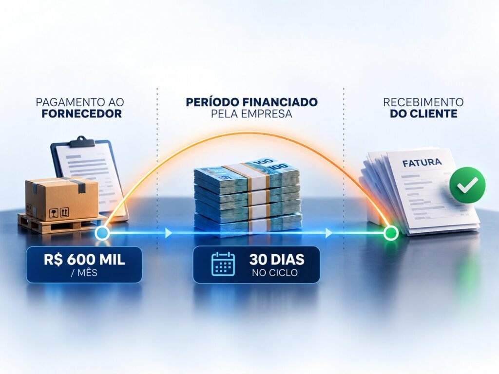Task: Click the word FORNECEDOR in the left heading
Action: click(x=82, y=113)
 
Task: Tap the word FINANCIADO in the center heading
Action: click(x=280, y=102)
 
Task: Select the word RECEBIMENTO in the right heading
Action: click(x=423, y=102)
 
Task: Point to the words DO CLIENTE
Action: click(x=423, y=113)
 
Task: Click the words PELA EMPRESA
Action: click(x=251, y=113)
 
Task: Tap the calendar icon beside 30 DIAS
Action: click(x=223, y=264)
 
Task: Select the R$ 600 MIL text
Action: click(x=84, y=260)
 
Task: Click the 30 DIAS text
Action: click(x=277, y=260)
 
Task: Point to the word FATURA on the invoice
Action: click(x=422, y=163)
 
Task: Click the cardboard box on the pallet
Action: click(x=62, y=199)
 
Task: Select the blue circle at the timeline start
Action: click(x=102, y=233)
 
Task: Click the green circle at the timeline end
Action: click(x=390, y=233)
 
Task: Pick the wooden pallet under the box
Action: click(x=60, y=224)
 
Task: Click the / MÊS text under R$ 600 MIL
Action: click(x=84, y=273)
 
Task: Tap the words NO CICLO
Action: click(x=275, y=273)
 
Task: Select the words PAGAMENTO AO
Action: click(x=80, y=102)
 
